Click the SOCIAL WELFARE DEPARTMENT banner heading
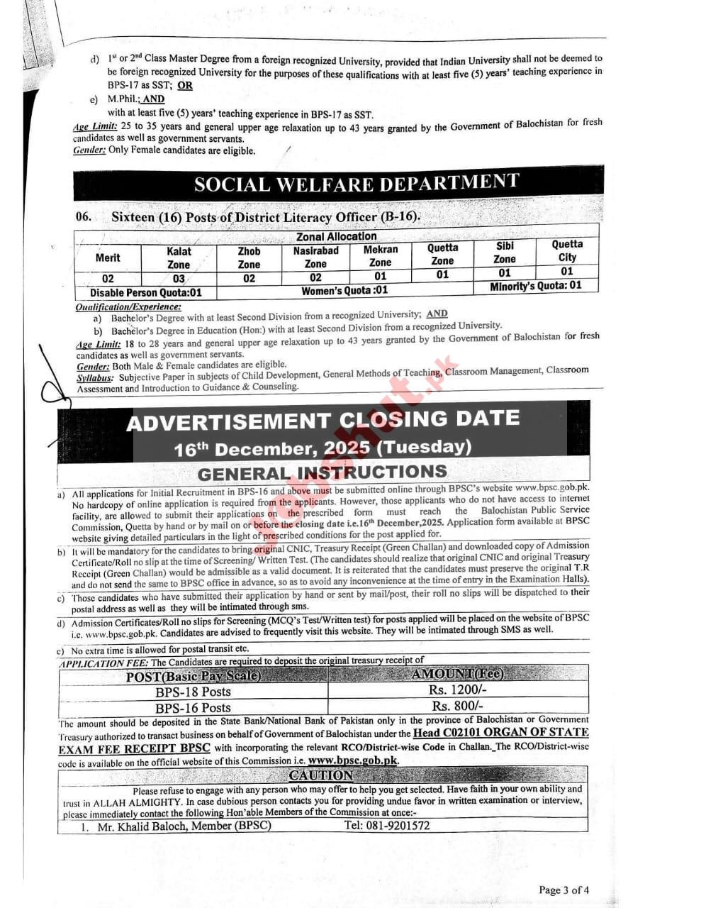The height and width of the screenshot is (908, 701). tap(356, 184)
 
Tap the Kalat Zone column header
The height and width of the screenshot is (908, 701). tap(179, 258)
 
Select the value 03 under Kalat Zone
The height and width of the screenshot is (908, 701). tap(179, 279)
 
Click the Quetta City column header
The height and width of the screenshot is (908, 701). tap(567, 250)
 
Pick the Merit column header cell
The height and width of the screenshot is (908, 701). tap(108, 258)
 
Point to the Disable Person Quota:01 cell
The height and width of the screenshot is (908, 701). tap(146, 292)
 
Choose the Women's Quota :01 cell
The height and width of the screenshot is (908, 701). tap(344, 290)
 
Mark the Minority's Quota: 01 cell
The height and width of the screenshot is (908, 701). tap(535, 286)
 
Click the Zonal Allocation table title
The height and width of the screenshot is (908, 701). tap(336, 236)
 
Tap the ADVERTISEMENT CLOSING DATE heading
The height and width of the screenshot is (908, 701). tap(323, 421)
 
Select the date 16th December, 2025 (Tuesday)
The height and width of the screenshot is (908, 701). tap(323, 448)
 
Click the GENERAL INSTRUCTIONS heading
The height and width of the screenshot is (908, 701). tap(323, 472)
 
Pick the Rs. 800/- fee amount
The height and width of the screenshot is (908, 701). tap(458, 706)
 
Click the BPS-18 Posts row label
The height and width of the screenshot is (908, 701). tap(194, 692)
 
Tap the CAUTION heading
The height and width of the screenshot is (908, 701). tap(320, 775)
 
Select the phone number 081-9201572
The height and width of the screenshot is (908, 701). tap(386, 825)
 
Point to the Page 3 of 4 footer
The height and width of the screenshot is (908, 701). tap(563, 890)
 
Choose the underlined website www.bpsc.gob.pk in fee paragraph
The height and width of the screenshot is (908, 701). tap(353, 760)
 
